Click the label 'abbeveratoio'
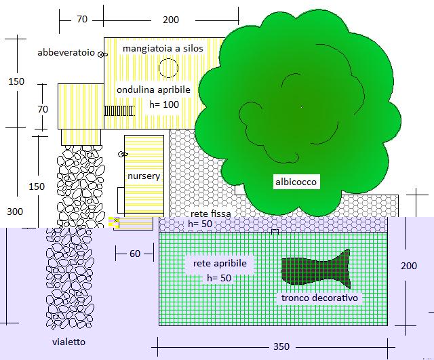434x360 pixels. click(x=66, y=52)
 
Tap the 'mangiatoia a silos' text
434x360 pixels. click(x=163, y=49)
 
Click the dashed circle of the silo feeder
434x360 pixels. click(x=167, y=68)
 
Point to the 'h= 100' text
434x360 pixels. click(x=163, y=104)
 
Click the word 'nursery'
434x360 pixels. click(x=144, y=176)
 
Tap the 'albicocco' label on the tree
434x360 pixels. click(x=296, y=182)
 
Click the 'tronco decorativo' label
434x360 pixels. click(x=320, y=298)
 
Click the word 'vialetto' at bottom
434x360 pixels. click(x=69, y=342)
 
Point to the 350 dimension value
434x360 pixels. click(x=281, y=346)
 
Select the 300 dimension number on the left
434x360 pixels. click(x=15, y=212)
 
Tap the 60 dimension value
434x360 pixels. click(x=134, y=254)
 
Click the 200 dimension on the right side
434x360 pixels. click(x=409, y=266)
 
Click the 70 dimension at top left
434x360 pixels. click(x=82, y=20)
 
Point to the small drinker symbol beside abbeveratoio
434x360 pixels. click(x=102, y=54)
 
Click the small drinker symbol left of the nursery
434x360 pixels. click(x=122, y=155)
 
